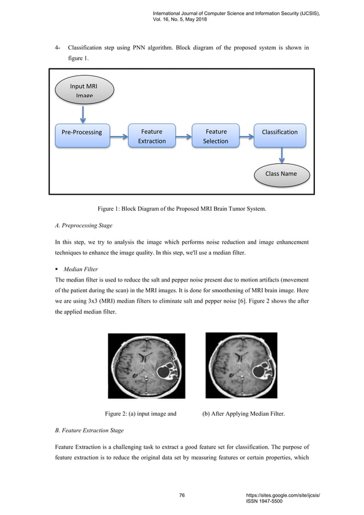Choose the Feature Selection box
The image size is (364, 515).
point(216,136)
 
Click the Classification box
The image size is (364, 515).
point(280,132)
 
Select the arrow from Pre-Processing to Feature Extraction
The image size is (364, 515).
point(118,136)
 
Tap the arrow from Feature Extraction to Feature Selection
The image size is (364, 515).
point(184,136)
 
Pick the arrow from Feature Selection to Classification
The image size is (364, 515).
point(248,136)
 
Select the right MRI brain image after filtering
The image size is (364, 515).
point(240,365)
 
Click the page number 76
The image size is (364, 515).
point(182,496)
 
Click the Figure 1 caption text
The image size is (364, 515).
point(182,209)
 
